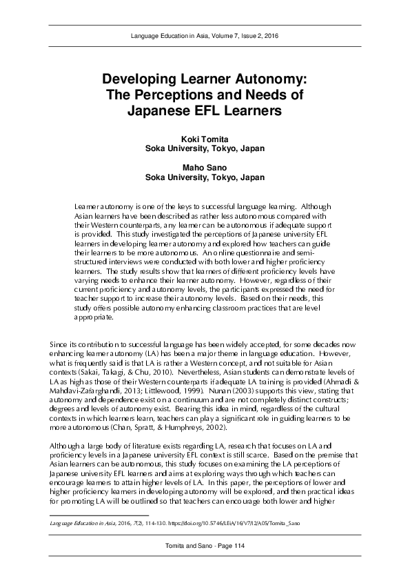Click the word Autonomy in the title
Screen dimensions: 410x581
267,79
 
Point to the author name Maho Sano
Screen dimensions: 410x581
205,168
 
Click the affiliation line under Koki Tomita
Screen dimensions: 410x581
205,148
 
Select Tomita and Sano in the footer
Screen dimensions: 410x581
185,545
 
